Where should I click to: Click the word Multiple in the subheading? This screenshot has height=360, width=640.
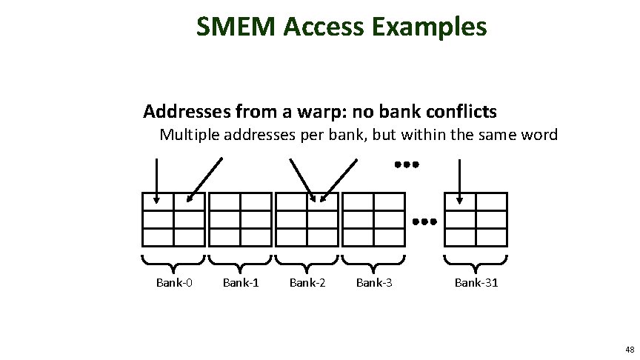click(x=188, y=136)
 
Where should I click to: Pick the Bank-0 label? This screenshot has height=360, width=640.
click(x=174, y=282)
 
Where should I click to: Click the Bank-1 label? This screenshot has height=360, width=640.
click(x=241, y=282)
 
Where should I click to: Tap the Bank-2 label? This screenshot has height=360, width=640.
click(x=307, y=282)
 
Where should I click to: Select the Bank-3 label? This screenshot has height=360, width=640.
click(x=374, y=282)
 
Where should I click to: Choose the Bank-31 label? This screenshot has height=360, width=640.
click(x=476, y=282)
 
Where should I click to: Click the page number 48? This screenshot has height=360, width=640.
click(x=629, y=349)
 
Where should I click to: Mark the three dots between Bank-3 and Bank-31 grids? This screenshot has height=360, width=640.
click(x=424, y=221)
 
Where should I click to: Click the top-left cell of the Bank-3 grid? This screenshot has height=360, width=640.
click(x=359, y=202)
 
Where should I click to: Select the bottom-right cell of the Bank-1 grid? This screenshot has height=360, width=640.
click(x=256, y=237)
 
